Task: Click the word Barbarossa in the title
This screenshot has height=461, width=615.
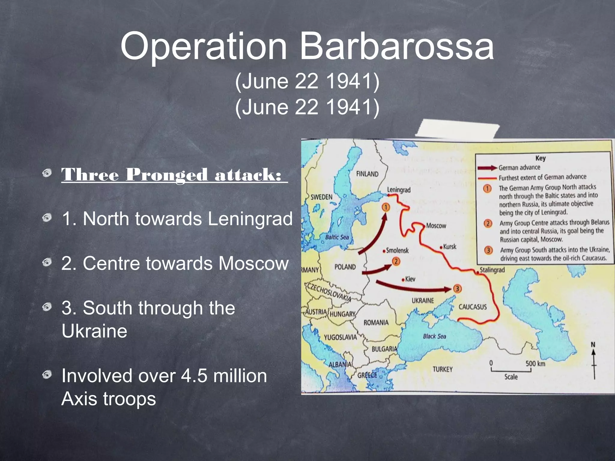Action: [x=397, y=47]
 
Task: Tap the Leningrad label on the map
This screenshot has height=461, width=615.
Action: [x=398, y=190]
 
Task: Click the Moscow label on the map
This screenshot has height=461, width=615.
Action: [x=436, y=226]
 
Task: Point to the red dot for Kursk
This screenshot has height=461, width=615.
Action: [x=441, y=248]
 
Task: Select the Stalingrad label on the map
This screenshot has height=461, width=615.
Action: [x=492, y=270]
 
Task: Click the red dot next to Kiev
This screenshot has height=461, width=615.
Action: [x=403, y=280]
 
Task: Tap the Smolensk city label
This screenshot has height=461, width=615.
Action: [x=397, y=250]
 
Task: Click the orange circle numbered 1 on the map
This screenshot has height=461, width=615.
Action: [x=386, y=207]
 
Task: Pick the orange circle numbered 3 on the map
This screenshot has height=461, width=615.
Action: [x=457, y=289]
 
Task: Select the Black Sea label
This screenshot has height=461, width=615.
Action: [x=434, y=336]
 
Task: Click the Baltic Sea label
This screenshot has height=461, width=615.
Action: [x=337, y=237]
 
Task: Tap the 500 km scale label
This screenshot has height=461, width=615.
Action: [x=535, y=363]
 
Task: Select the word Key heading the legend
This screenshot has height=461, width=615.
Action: [x=540, y=158]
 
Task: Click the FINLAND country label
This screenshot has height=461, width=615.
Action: [x=367, y=174]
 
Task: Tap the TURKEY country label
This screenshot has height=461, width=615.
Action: [x=442, y=369]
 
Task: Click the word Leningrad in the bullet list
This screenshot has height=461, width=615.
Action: [x=250, y=218]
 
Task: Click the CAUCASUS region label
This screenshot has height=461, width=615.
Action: [x=472, y=307]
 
